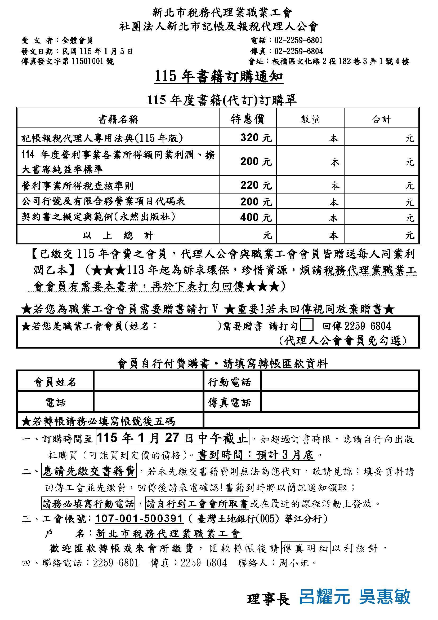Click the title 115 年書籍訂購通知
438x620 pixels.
point(219,77)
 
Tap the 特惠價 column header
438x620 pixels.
point(247,119)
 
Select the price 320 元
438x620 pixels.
point(256,138)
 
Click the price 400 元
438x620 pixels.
point(256,217)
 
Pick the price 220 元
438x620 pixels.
point(256,185)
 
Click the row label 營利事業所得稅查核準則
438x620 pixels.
point(77,186)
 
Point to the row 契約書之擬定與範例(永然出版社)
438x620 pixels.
point(99,217)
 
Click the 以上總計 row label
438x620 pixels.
point(118,235)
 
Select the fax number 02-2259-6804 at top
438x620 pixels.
point(298,51)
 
